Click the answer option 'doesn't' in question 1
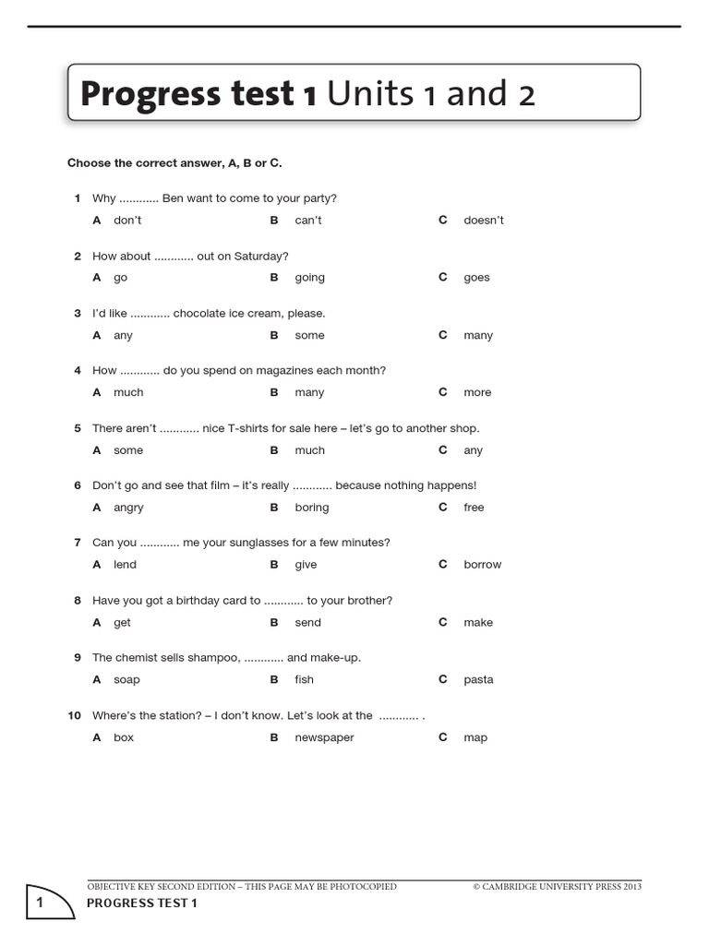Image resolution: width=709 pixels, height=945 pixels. [x=483, y=221]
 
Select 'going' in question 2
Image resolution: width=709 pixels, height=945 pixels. [x=309, y=278]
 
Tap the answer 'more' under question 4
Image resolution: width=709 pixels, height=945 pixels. [x=477, y=393]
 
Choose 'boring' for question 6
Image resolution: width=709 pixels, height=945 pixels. [x=311, y=508]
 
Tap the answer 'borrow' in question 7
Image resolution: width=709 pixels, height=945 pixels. [x=482, y=565]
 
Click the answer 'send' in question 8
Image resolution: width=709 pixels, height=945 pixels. [x=307, y=623]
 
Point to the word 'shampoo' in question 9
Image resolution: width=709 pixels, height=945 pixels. [x=216, y=658]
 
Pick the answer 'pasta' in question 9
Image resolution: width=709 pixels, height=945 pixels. [x=478, y=680]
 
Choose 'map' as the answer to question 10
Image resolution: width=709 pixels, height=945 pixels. [x=475, y=738]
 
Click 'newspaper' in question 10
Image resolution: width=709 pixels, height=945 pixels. [x=324, y=738]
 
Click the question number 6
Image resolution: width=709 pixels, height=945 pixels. [x=78, y=485]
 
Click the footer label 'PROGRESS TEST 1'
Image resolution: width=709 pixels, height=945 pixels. [x=142, y=903]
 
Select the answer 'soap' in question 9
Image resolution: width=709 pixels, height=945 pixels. [x=126, y=680]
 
